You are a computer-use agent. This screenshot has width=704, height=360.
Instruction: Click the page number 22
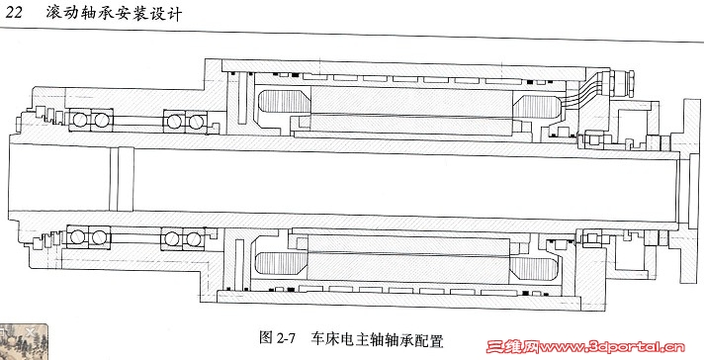coord(14,13)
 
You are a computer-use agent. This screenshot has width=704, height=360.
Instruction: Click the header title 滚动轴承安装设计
coord(114,14)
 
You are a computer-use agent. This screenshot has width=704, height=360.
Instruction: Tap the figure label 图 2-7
coord(277,338)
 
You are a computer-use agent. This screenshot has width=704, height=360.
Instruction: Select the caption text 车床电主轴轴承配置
coord(377,340)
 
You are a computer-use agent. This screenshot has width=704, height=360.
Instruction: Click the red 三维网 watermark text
coord(513,346)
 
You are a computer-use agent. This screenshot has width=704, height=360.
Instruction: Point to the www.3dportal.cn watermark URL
coord(612,347)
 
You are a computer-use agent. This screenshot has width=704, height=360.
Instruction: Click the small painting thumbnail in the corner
coord(24,341)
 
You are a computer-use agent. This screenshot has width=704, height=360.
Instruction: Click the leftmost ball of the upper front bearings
coord(80,120)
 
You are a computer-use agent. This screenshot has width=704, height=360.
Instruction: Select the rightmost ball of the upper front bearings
coord(196,122)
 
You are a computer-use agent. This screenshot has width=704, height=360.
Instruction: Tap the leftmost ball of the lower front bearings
coord(78,236)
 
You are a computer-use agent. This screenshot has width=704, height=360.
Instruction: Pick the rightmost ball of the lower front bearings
coord(194,238)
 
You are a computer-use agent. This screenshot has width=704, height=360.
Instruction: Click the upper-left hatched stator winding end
coord(285,102)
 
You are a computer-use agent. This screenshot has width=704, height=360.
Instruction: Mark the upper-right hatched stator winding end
coord(538,107)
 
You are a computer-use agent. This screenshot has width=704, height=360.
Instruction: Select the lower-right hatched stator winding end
coord(534,268)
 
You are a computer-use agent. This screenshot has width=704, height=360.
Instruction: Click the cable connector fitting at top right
coord(621,83)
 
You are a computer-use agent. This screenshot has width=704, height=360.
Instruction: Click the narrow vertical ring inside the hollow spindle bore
coord(122,180)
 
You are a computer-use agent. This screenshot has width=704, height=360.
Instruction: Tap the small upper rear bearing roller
coord(594,139)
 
